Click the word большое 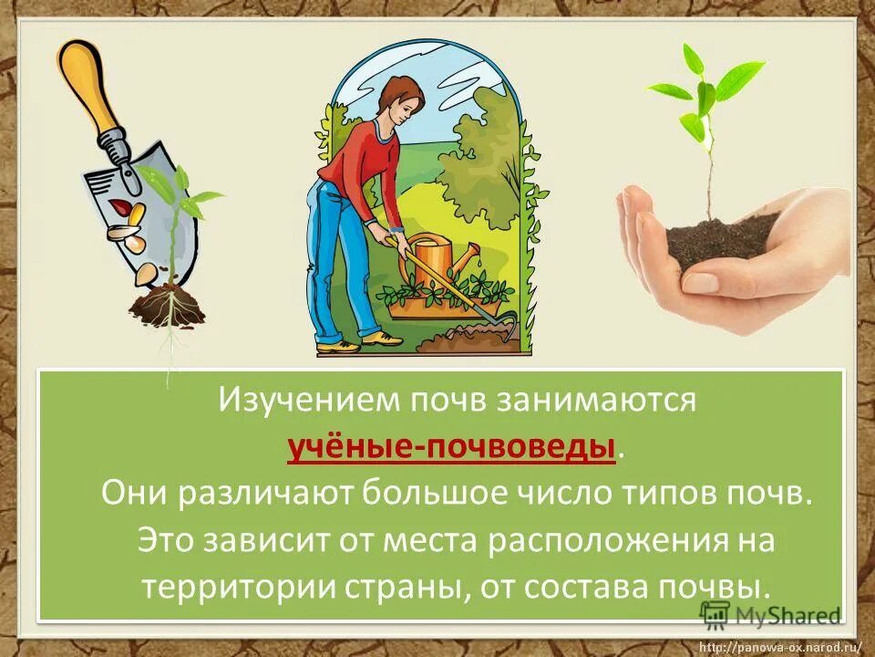pos(434,495)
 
